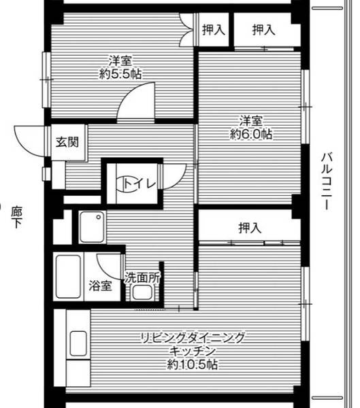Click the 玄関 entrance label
coord(67,143)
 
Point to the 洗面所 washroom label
coord(142,277)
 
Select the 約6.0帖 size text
coord(250,135)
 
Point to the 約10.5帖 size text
coord(192,365)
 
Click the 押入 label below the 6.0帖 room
coord(249,228)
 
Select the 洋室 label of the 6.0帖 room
coord(250,121)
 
